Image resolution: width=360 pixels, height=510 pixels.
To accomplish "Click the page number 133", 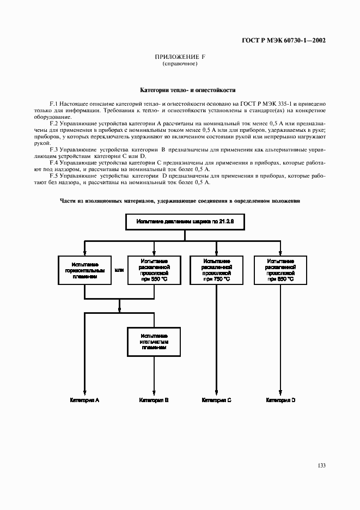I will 321,465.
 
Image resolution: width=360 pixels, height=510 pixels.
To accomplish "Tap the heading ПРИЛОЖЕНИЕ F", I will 180,57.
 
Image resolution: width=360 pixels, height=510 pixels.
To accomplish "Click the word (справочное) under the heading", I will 180,64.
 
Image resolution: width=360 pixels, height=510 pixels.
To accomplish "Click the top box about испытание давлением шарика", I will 185,222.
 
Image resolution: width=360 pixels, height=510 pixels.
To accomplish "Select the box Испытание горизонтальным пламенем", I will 84,270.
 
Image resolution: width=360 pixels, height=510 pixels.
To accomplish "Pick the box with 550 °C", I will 154,270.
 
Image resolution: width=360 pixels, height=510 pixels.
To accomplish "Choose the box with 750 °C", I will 217,270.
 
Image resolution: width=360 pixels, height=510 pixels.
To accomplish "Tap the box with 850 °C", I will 280,270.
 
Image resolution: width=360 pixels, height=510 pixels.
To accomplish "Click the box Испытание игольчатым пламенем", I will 154,341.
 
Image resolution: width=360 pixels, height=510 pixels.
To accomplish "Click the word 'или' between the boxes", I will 119,270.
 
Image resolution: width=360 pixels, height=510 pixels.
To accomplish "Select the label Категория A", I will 84,400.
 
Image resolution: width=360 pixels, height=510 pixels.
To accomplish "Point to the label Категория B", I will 154,400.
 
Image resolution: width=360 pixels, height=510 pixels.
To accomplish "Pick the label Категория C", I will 217,400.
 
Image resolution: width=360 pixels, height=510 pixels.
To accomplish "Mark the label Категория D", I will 280,400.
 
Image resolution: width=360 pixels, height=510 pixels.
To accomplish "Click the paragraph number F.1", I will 53,102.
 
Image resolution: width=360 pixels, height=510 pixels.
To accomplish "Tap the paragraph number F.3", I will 53,149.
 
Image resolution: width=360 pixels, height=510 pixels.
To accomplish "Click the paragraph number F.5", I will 53,177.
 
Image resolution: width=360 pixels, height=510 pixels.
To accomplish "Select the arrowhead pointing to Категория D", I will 280,392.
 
